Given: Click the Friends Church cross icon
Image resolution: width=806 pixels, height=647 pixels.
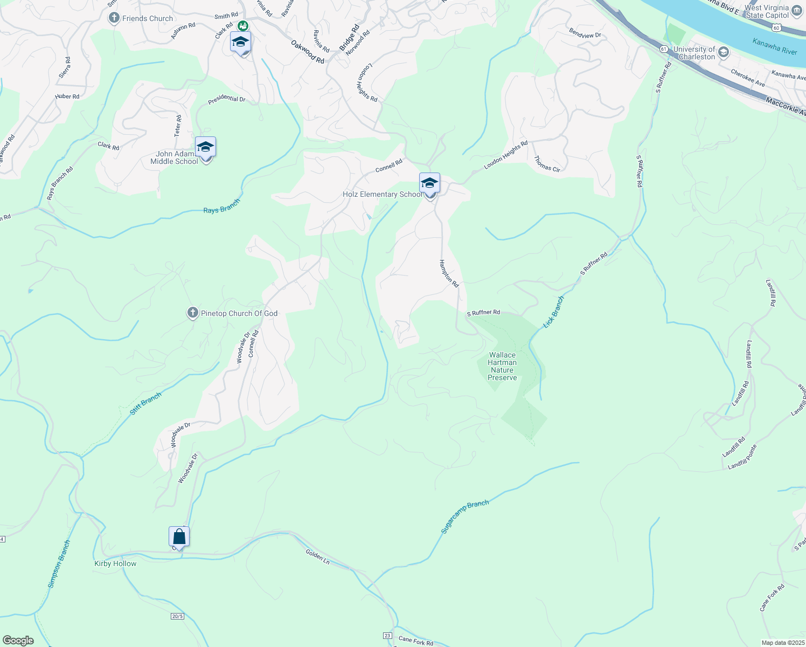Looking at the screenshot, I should [x=114, y=18].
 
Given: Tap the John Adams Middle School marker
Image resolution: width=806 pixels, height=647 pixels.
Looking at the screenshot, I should [x=205, y=147].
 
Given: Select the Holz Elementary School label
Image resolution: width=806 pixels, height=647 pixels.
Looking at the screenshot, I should [x=382, y=195].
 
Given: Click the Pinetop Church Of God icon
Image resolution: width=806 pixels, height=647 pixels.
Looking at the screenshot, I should [x=192, y=313].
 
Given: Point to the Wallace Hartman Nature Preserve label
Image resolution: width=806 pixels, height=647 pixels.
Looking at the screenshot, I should [x=502, y=366].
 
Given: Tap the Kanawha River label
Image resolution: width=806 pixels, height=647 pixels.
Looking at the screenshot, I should [x=774, y=47].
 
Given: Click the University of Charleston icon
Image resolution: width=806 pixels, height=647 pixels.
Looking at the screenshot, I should [x=723, y=52].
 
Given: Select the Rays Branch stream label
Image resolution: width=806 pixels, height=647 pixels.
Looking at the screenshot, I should [x=221, y=207].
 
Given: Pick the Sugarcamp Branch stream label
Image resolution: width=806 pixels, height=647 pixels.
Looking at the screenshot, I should [x=464, y=517].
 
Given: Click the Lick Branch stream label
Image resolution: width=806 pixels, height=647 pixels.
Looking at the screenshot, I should [x=553, y=312].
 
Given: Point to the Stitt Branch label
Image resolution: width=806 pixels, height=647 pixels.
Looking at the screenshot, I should [x=145, y=404].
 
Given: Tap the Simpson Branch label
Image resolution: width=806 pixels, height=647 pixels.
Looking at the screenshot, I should [x=59, y=564].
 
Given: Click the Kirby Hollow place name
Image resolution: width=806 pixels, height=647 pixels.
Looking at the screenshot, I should [x=115, y=563].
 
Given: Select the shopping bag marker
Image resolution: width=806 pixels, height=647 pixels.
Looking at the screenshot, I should [x=179, y=536].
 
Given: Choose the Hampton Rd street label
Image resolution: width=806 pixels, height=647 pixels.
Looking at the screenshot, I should [x=448, y=273].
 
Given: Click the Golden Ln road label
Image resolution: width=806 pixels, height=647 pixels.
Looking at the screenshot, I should [x=317, y=556].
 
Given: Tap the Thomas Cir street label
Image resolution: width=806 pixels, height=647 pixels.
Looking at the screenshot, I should [x=547, y=164].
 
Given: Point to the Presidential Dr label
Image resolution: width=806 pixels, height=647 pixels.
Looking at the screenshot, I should [x=227, y=100].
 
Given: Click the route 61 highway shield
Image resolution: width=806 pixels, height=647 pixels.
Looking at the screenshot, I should [x=663, y=49].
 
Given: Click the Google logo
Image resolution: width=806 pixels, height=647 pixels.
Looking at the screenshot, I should [x=18, y=641].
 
